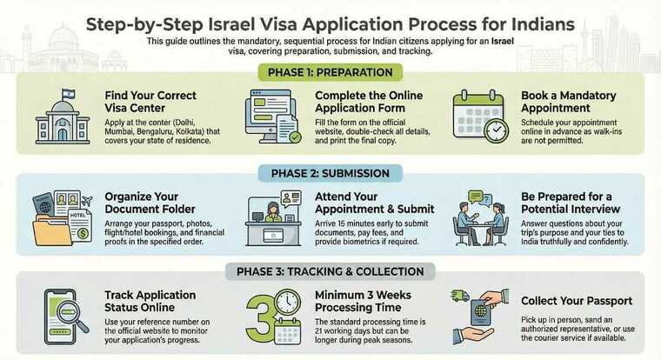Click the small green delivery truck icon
(461, 296)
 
